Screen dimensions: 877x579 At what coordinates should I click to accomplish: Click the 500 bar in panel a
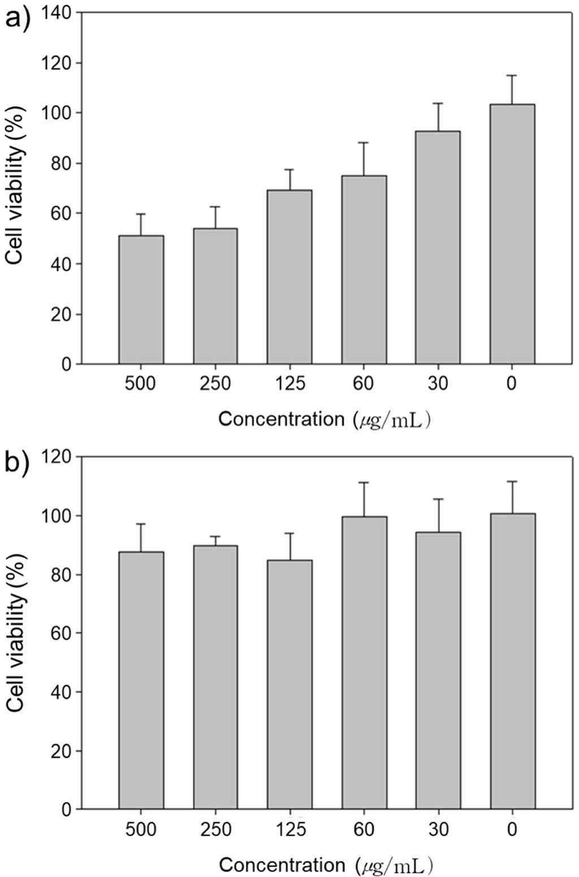141,299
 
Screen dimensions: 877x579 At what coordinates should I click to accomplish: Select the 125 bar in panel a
289,277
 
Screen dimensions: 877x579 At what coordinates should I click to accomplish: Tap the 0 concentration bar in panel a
512,234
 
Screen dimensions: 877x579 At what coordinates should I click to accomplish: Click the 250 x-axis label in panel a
215,384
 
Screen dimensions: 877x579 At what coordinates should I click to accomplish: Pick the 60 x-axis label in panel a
364,384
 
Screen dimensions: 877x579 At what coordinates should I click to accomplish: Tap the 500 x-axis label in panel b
141,830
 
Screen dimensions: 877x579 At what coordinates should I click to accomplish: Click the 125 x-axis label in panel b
289,830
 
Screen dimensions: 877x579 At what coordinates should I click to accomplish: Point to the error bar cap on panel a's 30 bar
438,103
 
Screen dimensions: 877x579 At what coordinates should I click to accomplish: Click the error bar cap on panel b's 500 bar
141,524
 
